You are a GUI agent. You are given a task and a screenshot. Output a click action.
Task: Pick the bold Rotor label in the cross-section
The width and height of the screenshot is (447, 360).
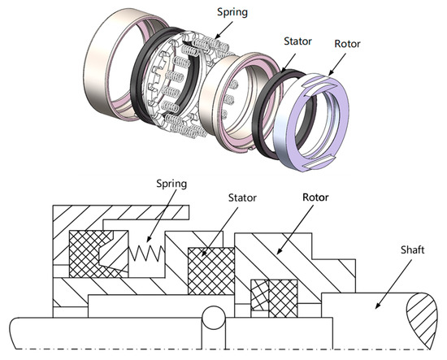(318, 197)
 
